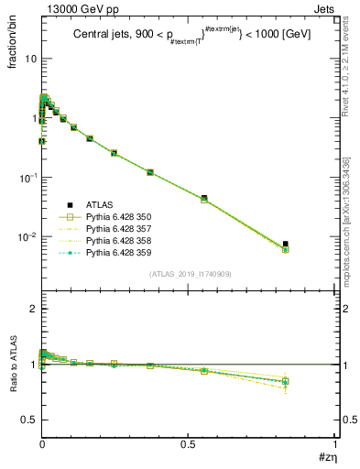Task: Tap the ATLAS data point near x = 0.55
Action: pyautogui.click(x=204, y=198)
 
